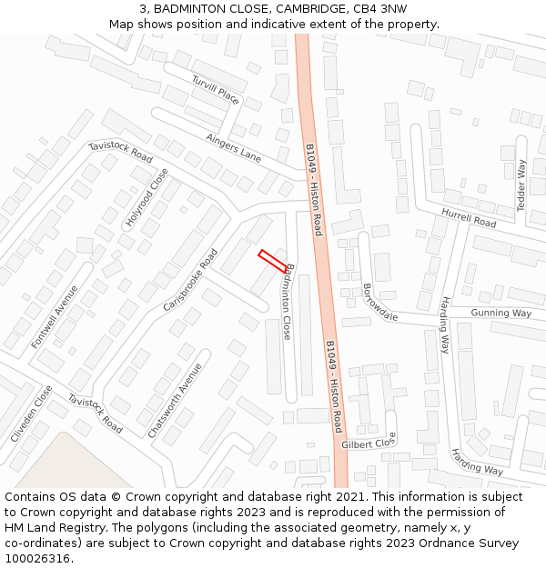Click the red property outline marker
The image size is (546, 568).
[x=272, y=261]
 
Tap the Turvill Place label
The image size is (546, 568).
[x=216, y=91]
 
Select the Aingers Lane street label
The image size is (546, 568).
[x=234, y=149]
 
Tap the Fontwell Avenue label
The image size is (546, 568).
[x=55, y=317]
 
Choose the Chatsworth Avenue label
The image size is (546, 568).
[x=175, y=401]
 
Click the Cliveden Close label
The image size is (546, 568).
[x=32, y=414]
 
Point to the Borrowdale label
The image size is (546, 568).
[x=380, y=303]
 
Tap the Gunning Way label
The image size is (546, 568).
[x=500, y=313]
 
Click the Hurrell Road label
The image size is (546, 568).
[x=469, y=217]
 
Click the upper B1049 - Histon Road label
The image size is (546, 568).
[x=313, y=190]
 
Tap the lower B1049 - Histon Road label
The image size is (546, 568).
[x=333, y=386]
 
